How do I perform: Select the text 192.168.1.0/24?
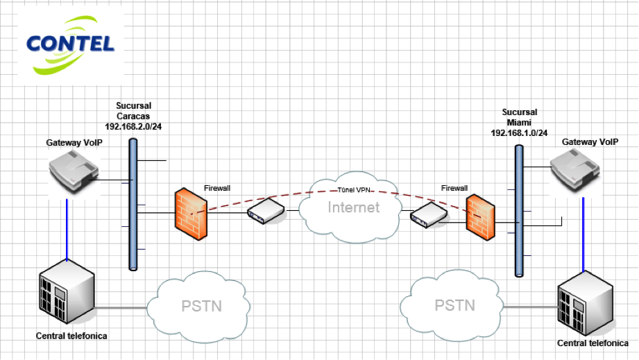519,132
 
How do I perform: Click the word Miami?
519,122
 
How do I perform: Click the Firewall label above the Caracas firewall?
217,188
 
